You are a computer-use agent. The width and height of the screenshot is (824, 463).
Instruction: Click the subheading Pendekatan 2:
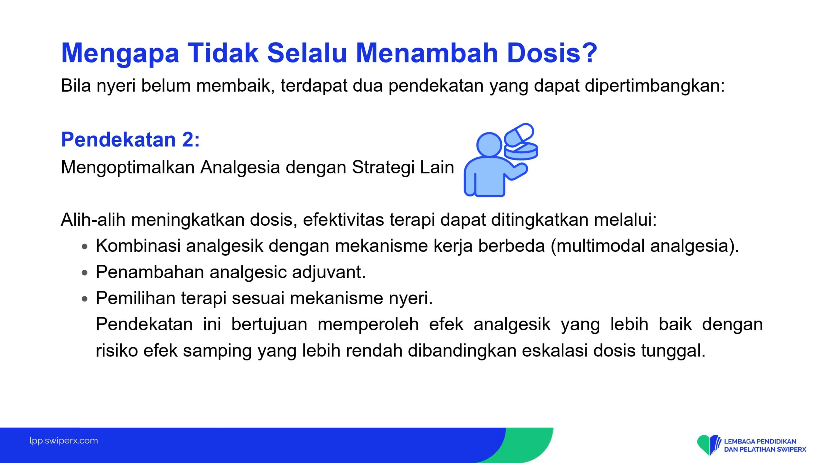click(130, 140)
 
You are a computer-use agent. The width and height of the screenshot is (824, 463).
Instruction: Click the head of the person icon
click(489, 145)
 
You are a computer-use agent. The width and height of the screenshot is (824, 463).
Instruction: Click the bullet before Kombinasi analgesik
click(85, 247)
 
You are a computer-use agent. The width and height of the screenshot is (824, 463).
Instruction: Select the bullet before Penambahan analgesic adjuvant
click(85, 273)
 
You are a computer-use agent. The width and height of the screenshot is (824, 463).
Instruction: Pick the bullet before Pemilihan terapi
click(85, 299)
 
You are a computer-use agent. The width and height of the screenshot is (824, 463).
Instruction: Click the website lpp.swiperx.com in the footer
click(64, 440)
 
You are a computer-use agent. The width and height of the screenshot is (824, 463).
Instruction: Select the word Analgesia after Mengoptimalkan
click(240, 168)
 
